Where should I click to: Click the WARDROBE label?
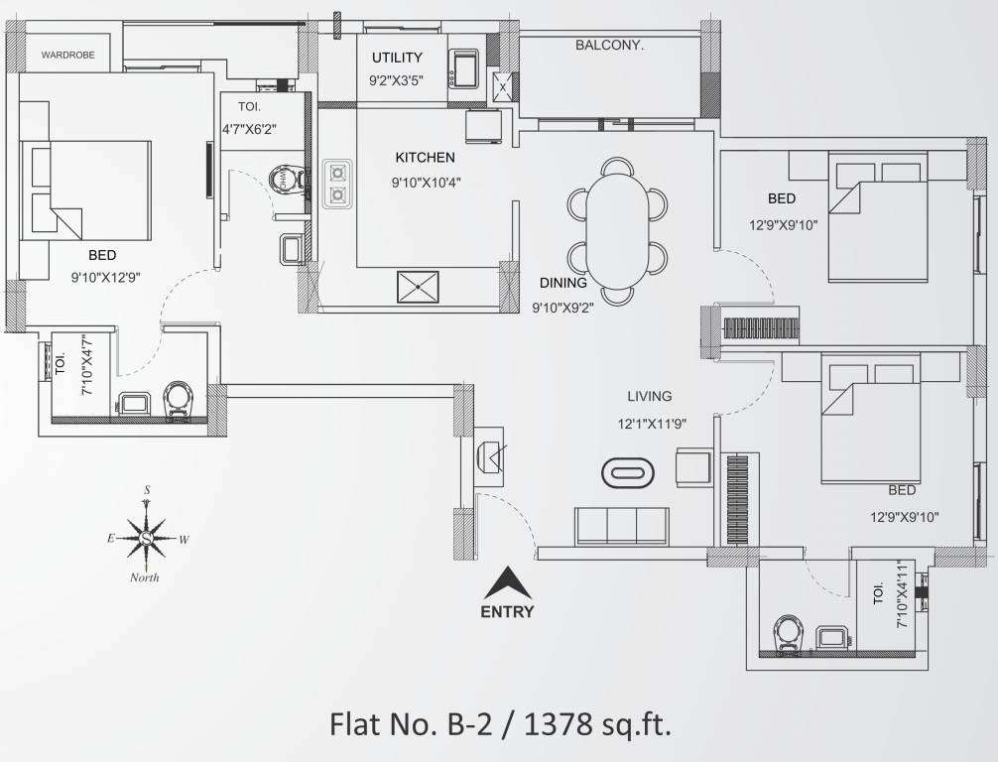pos(68,55)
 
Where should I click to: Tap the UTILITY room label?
pos(397,58)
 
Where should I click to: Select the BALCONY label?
pos(610,46)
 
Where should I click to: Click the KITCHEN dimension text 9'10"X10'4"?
pos(426,183)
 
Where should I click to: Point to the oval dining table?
pos(617,232)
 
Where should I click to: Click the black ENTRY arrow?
pos(507,582)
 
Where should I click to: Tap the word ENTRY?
pos(507,612)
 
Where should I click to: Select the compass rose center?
pos(147,539)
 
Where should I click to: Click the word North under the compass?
pos(145,578)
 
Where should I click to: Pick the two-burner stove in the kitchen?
pos(337,184)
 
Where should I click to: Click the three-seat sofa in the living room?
pos(622,527)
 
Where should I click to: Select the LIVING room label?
pos(649,396)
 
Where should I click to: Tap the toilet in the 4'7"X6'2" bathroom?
pos(287,178)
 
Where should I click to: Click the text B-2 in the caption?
pos(470,724)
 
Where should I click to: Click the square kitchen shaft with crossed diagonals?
pos(418,287)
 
